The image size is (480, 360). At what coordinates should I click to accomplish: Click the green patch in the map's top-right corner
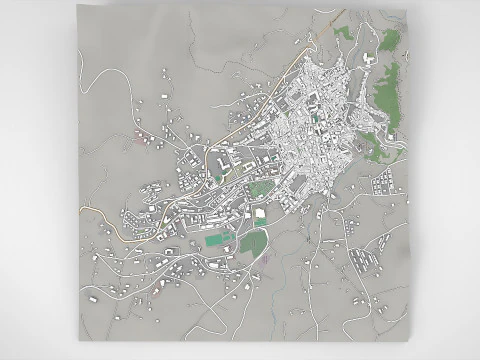(x=390, y=41)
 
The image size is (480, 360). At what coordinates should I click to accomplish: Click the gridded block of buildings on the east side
(x=383, y=184)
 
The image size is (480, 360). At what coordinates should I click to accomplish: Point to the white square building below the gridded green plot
(x=260, y=212)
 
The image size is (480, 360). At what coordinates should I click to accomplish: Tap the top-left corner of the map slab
(x=79, y=18)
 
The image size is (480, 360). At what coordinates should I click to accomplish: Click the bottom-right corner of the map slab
(x=412, y=337)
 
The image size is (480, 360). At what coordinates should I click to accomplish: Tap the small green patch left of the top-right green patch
(x=345, y=33)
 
